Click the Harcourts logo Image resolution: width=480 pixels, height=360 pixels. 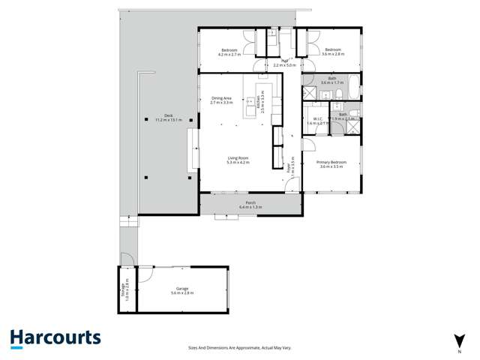[x=55, y=338]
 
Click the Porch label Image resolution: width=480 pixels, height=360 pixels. [x=251, y=202]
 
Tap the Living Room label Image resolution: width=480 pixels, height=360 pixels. [x=238, y=157]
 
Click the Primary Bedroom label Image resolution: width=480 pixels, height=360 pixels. [x=330, y=163]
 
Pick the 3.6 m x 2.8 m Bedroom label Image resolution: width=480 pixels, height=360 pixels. [x=333, y=50]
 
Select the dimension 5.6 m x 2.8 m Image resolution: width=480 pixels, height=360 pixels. [x=182, y=293]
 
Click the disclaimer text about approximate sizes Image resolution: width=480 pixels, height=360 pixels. [x=240, y=347]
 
